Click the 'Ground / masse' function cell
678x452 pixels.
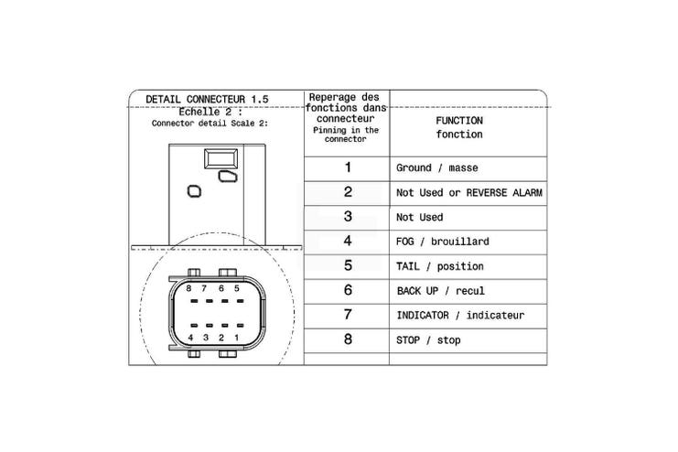[436, 167]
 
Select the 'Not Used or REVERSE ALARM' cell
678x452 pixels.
[469, 192]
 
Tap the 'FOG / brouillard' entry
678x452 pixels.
[442, 242]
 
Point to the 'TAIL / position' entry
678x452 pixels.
[440, 266]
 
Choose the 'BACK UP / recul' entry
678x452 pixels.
[441, 291]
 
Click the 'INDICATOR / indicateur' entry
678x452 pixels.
[460, 316]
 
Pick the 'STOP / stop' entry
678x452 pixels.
[428, 340]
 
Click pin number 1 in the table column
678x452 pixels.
[348, 167]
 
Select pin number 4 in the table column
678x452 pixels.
[348, 241]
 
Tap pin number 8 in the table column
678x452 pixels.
[348, 339]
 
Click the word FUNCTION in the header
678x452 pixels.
[459, 121]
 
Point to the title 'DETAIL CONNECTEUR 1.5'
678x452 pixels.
[207, 99]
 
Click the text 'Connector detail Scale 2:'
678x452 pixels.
[210, 124]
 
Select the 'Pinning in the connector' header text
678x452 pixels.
[346, 135]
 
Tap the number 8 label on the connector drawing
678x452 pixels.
[188, 288]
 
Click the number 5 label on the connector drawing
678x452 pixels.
[236, 288]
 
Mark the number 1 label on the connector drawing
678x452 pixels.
[236, 338]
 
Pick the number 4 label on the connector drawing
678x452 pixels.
[190, 338]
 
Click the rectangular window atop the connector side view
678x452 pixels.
[221, 158]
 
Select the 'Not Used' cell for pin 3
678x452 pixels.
[419, 217]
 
